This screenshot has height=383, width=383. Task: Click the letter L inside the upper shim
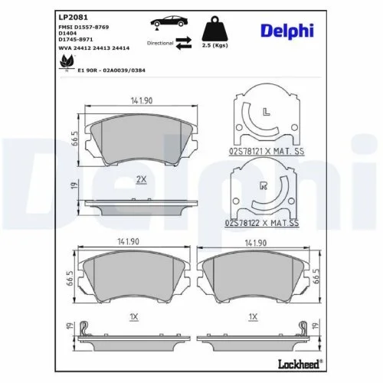point(265,113)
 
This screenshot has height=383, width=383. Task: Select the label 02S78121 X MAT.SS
point(264,153)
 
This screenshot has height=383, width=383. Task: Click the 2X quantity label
point(140,178)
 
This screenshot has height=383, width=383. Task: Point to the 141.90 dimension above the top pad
point(140,100)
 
